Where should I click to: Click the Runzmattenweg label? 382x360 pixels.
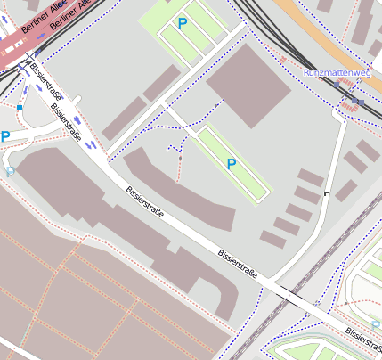(x=336, y=72)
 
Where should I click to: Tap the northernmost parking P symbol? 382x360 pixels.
(x=183, y=23)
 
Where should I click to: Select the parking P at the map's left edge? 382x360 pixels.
(x=4, y=136)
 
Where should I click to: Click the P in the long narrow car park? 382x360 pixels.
(x=232, y=164)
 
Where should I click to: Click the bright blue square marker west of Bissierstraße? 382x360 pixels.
(x=19, y=108)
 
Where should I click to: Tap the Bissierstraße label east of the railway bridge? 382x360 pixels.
(x=363, y=337)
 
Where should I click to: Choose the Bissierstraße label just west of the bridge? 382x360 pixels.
(x=238, y=262)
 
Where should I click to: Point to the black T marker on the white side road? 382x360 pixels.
(x=326, y=192)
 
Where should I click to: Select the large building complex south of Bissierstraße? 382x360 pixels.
(x=107, y=223)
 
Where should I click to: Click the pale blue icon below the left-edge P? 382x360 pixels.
(x=10, y=169)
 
